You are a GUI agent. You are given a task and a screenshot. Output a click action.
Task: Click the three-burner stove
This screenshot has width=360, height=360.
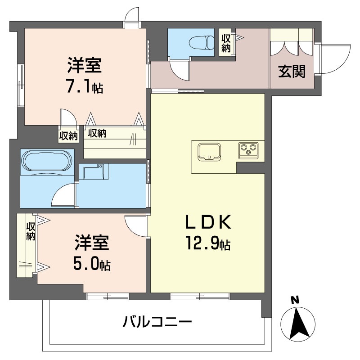(248, 149)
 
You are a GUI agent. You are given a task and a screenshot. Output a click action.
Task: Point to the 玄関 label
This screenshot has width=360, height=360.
(292, 71)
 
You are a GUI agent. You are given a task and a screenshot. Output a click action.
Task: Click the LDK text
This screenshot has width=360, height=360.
(208, 223)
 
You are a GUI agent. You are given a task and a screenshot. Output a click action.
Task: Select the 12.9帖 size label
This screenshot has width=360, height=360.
(207, 244)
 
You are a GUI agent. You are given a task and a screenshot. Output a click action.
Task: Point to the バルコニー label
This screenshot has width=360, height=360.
(157, 322)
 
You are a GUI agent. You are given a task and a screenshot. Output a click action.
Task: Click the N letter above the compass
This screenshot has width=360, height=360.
(294, 300)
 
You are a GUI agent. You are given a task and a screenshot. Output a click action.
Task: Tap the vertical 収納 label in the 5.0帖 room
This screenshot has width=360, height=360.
(31, 231)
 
